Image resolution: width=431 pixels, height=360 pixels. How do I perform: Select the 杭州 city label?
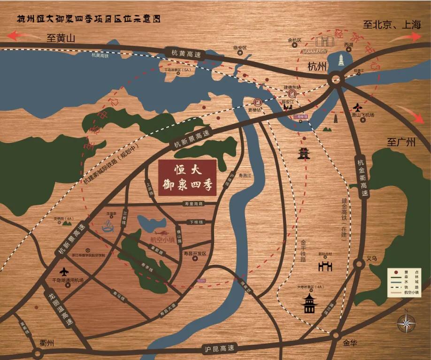click(317, 66)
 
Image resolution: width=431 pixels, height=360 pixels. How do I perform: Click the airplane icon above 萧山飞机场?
click(358, 107)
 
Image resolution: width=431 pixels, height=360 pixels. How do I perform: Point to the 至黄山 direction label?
click(61, 38)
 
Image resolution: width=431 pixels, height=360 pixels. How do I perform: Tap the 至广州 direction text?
click(401, 142)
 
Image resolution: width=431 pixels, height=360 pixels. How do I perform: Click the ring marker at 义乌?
click(359, 264)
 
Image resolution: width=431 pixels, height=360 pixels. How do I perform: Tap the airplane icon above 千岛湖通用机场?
click(64, 272)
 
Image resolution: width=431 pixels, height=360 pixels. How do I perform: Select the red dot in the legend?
click(396, 273)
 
